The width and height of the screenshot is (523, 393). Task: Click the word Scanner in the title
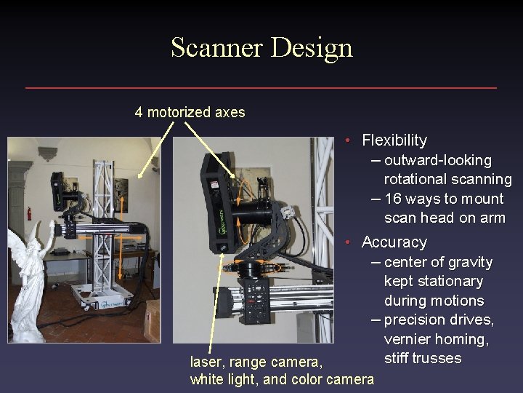point(216,47)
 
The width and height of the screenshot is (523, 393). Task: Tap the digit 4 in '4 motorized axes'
point(139,113)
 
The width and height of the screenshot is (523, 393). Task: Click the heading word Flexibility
point(394,140)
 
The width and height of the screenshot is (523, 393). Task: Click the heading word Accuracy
point(394,242)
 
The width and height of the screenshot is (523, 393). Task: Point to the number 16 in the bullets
point(393,199)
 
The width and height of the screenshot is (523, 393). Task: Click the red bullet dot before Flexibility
point(349,140)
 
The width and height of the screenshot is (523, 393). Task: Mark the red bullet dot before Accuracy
point(349,242)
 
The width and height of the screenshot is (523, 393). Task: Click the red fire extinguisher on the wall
point(29,213)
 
